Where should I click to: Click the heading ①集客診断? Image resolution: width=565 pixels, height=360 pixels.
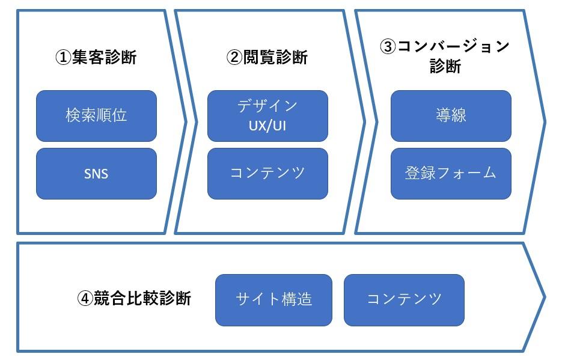pos(96,58)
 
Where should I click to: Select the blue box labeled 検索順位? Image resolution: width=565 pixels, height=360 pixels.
pos(96,115)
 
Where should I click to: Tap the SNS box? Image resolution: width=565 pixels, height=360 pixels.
pos(96,174)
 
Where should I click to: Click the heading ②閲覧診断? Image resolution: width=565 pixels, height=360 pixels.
pos(267,58)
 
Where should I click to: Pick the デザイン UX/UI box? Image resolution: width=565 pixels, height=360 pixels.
pos(267,115)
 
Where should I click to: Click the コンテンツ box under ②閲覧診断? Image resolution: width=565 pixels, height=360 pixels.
pos(267,174)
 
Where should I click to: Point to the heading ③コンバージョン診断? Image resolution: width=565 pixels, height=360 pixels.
pos(445,56)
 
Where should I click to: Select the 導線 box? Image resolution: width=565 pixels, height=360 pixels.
pos(451,115)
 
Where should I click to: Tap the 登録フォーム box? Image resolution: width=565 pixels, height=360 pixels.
pos(451,174)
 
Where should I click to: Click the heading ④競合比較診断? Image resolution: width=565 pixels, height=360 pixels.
pos(135,298)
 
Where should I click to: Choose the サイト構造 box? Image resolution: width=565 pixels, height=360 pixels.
pos(273,299)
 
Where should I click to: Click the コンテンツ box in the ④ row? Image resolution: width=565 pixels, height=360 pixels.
pos(404,299)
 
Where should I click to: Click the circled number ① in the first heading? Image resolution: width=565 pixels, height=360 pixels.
pos(63,58)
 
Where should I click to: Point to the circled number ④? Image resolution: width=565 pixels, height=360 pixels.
pos(85,298)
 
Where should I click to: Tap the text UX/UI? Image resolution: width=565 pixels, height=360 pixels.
pos(267,127)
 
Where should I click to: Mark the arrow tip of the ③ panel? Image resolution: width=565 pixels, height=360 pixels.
pos(544,121)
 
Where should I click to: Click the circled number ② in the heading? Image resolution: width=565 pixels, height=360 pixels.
pos(234,58)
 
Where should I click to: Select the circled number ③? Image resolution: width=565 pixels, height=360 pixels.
pos(388,47)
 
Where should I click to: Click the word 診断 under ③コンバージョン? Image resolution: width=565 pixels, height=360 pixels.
pos(445,67)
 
